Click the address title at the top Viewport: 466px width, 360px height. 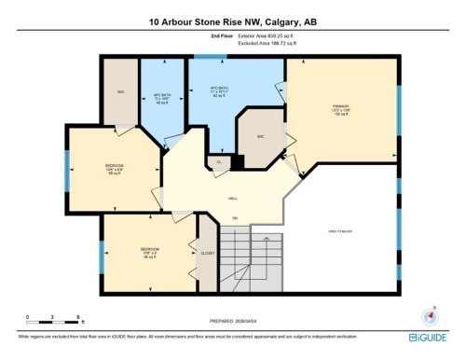[233, 21]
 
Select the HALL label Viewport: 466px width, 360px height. [232, 199]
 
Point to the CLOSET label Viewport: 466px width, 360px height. [208, 252]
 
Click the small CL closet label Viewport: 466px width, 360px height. [219, 162]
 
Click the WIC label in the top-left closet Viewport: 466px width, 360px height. [121, 91]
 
